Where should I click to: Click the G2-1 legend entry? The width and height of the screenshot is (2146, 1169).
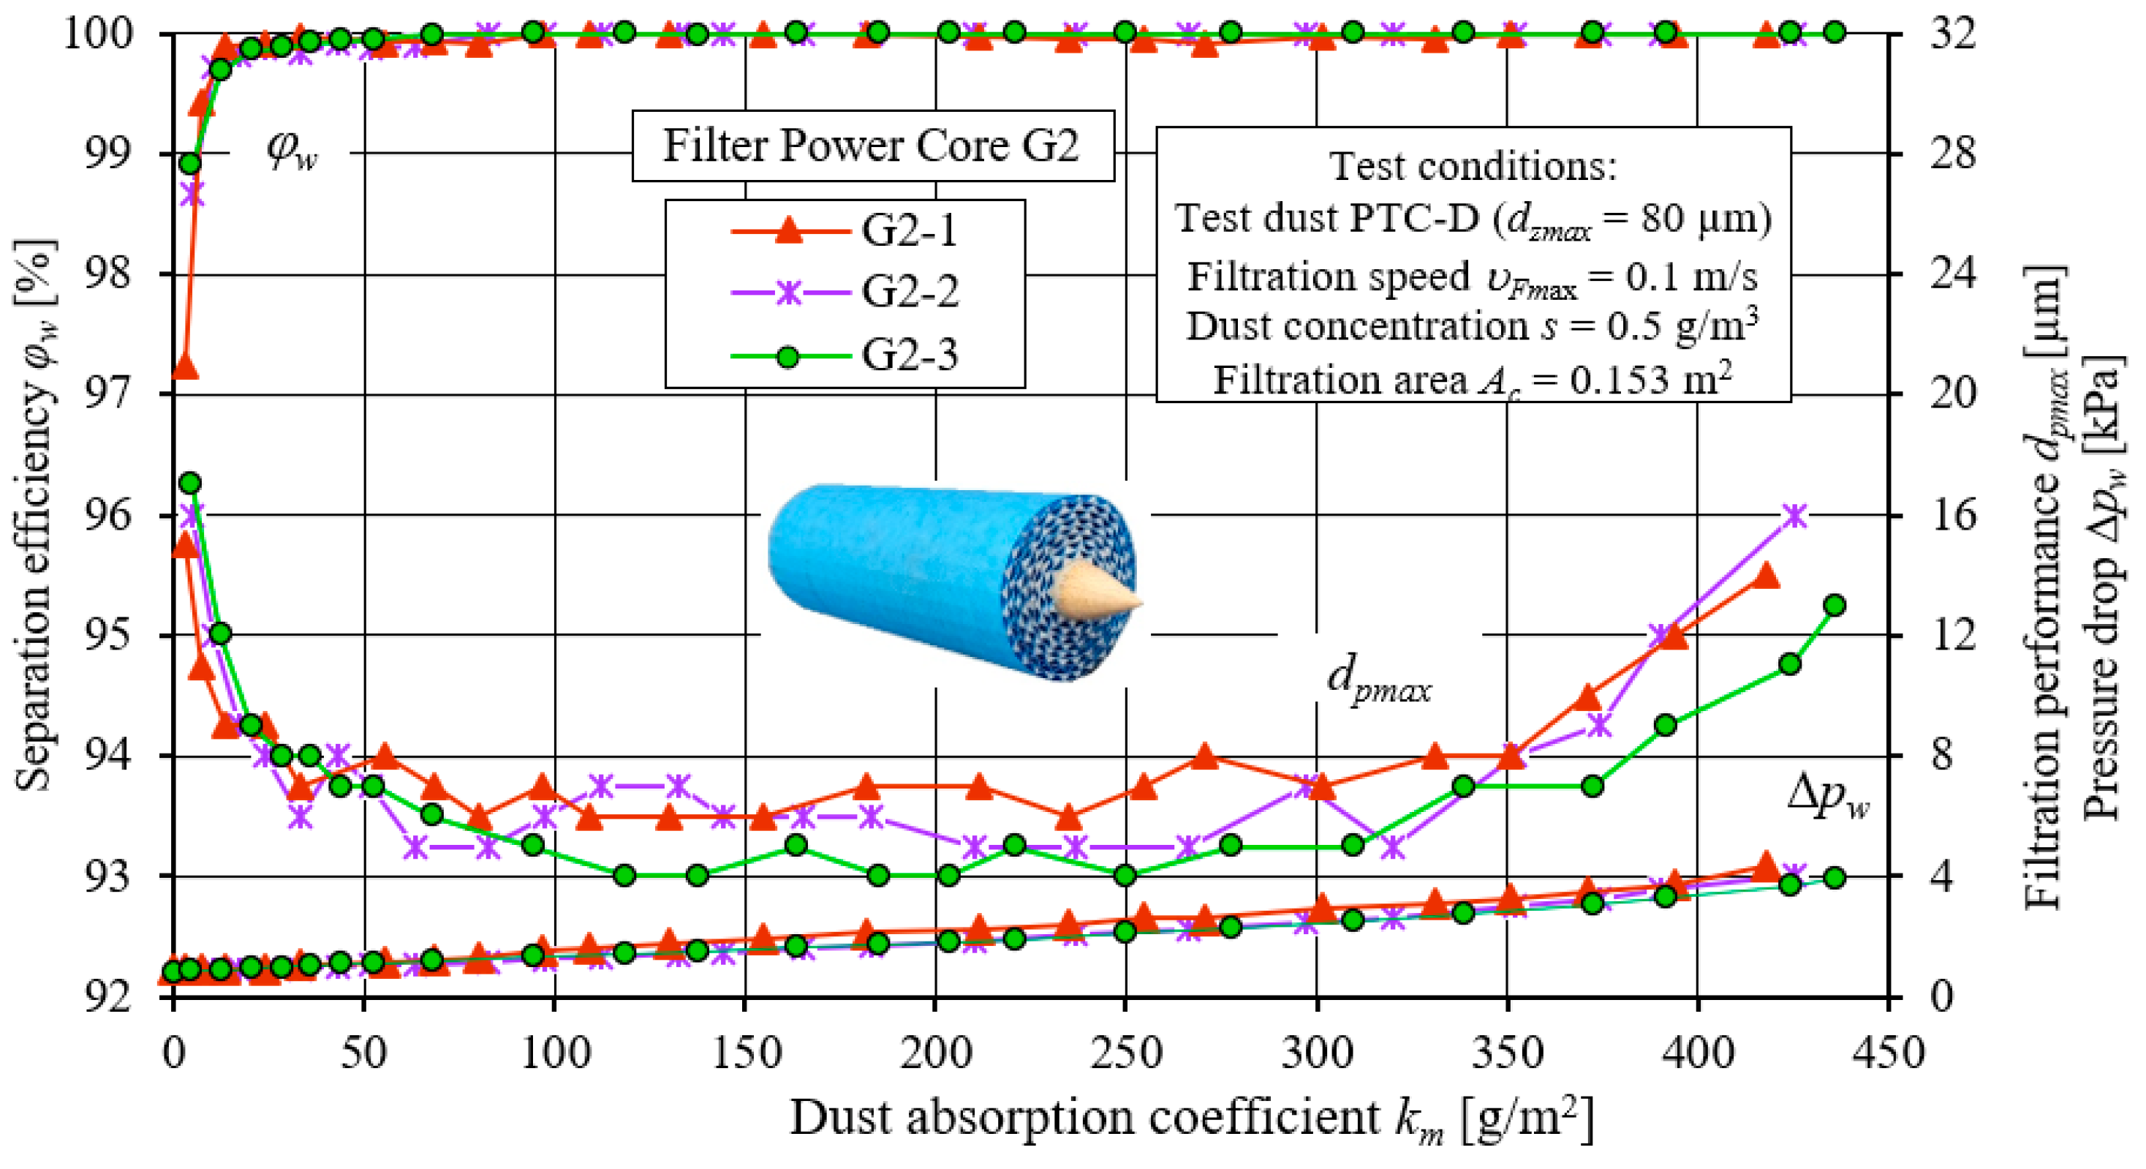pyautogui.click(x=845, y=230)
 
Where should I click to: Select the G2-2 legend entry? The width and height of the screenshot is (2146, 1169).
pyautogui.click(x=845, y=293)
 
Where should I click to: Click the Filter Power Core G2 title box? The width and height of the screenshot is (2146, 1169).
pyautogui.click(x=872, y=146)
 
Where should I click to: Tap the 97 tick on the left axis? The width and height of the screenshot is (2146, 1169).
pyautogui.click(x=108, y=394)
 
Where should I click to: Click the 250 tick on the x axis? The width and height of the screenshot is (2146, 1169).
pyautogui.click(x=1125, y=1053)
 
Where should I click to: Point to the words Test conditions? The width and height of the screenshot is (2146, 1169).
pyautogui.click(x=1473, y=166)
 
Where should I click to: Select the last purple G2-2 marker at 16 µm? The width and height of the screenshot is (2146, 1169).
pyautogui.click(x=1795, y=516)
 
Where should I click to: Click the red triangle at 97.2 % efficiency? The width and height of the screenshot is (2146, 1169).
pyautogui.click(x=184, y=367)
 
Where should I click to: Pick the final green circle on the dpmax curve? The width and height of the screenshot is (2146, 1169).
pyautogui.click(x=1834, y=605)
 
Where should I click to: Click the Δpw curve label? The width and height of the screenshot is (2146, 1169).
pyautogui.click(x=1829, y=799)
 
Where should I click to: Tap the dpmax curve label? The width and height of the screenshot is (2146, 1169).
pyautogui.click(x=1379, y=681)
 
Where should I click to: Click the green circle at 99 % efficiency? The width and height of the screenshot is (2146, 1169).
pyautogui.click(x=191, y=163)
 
